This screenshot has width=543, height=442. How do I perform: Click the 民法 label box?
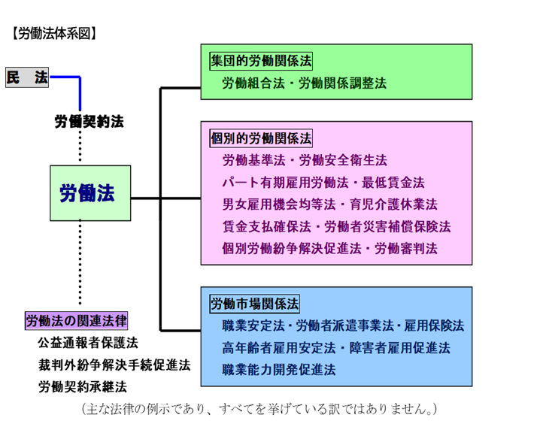pos(27,77)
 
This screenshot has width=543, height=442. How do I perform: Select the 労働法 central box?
pos(89,193)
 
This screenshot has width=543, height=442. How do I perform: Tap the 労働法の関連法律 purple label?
pos(77,321)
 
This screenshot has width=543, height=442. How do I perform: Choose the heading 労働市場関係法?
pos(254,304)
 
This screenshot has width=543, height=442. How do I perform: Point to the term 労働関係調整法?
pos(343,83)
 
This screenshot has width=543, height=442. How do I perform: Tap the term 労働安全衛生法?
pos(343,161)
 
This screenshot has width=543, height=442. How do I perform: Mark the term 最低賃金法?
pos(394,183)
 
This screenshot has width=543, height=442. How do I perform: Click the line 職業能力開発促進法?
pos(279,370)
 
